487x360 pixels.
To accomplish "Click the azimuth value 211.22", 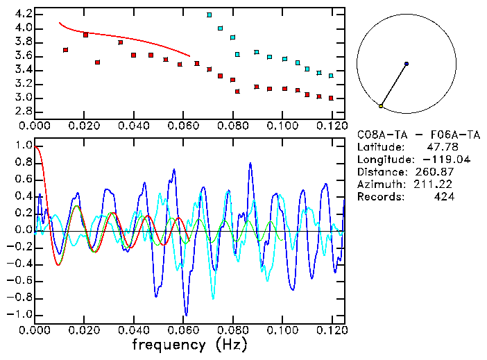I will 437,185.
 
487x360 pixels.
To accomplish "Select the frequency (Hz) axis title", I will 189,345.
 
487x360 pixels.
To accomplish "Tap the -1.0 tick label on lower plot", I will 21,314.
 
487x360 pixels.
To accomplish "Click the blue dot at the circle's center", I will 407,64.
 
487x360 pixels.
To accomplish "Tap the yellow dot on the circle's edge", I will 381,106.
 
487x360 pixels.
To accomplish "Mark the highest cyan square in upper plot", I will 210,15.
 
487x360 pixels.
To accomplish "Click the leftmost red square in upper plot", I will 65,50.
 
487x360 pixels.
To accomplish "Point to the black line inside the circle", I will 394,85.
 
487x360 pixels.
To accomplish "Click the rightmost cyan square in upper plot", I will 331,76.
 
